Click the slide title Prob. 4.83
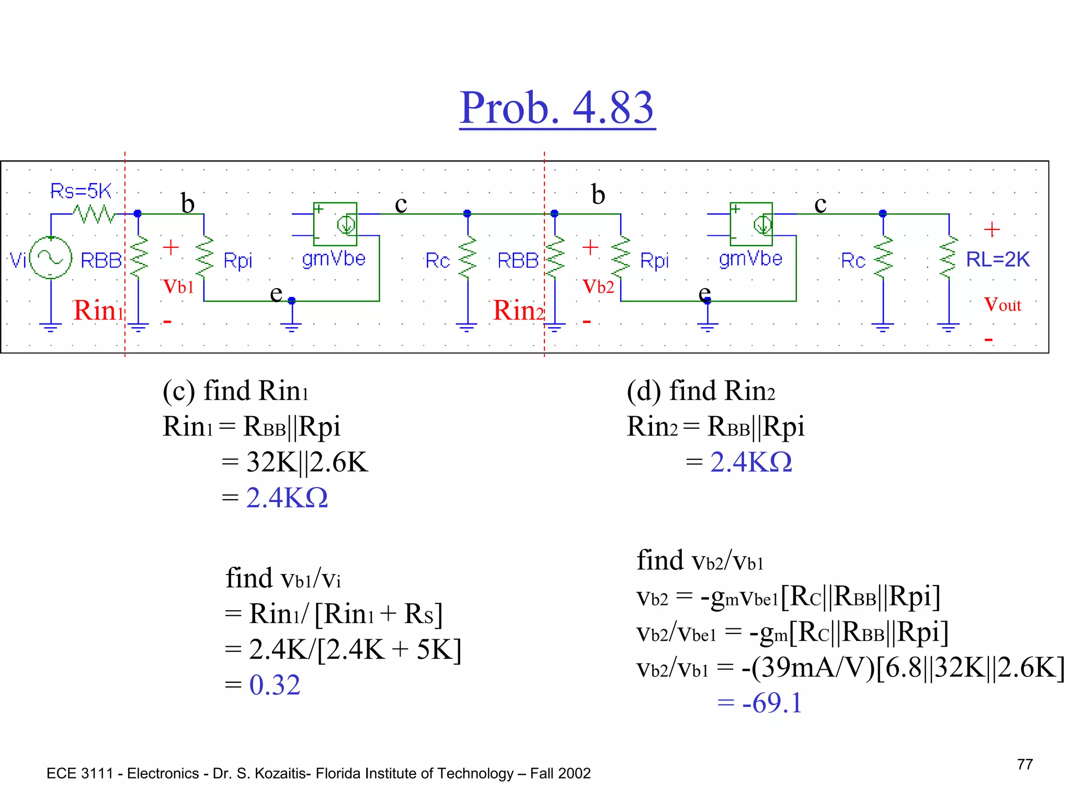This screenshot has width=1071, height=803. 557,108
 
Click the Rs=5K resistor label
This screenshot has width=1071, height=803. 81,191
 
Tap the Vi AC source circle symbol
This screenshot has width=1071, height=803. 51,257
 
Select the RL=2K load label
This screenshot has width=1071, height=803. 997,259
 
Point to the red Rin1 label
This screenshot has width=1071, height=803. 98,310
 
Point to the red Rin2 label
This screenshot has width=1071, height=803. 518,310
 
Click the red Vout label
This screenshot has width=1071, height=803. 1002,304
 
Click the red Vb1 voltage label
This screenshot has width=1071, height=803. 178,286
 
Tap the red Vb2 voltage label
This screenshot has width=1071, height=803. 598,286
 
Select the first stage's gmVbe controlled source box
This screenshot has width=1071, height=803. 335,224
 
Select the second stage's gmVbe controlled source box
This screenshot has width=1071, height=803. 751,224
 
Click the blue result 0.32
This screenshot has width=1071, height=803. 275,685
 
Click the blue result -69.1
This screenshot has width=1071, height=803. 772,703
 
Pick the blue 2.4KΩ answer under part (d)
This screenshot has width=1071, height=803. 750,462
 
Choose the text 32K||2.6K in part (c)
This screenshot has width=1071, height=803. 307,462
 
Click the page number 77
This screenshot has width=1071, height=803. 1024,764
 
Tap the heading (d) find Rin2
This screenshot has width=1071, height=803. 701,391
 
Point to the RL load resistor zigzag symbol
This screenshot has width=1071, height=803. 948,257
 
